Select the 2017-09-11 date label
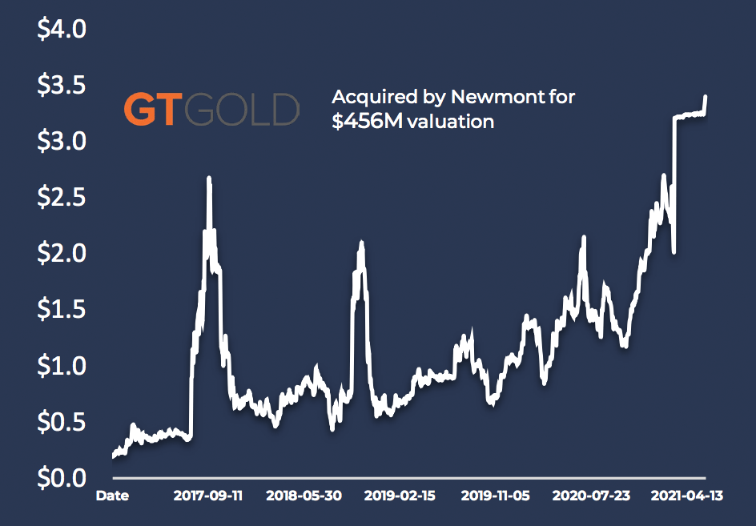(x=208, y=496)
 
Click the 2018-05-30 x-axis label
(x=304, y=496)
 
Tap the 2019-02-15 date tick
(x=400, y=496)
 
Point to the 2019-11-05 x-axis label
(x=496, y=496)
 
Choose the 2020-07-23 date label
(x=591, y=496)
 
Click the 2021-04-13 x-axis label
(x=687, y=496)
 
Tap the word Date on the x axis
(x=112, y=496)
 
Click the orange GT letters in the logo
(x=151, y=110)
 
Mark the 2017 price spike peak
(x=209, y=179)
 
